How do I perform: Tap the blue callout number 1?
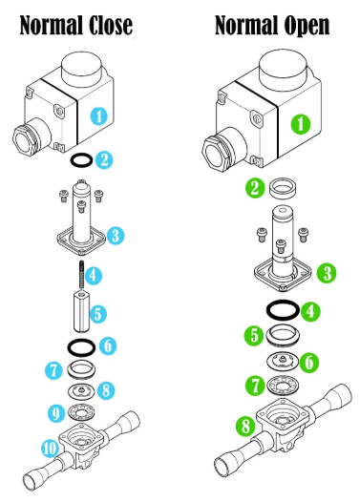click(x=99, y=115)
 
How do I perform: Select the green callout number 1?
click(x=301, y=123)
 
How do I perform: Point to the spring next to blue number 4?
click(x=82, y=275)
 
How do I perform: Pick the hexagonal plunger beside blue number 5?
click(x=82, y=311)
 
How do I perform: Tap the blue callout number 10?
click(x=50, y=449)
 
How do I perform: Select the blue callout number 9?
click(x=56, y=413)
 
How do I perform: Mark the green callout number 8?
click(x=245, y=427)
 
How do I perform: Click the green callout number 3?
click(x=327, y=274)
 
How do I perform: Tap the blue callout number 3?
click(x=116, y=236)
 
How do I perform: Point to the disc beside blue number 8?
click(x=82, y=390)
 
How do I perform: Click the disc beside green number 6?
click(x=283, y=360)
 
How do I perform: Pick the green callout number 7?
click(x=255, y=386)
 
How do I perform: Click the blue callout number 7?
click(x=53, y=370)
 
